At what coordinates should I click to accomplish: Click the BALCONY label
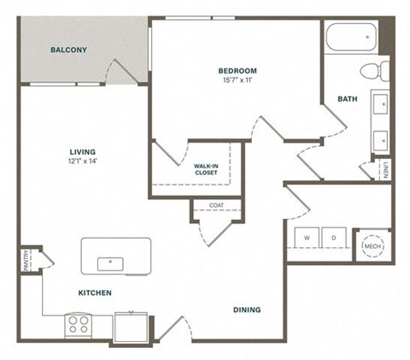tap(68, 50)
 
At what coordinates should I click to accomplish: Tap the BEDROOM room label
tap(233, 71)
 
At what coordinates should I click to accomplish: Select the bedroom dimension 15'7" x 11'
tap(233, 81)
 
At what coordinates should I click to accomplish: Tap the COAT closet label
tap(216, 205)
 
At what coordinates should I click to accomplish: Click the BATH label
tap(347, 99)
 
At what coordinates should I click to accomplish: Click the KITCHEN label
tap(95, 292)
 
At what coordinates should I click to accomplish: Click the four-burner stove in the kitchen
tap(79, 325)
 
